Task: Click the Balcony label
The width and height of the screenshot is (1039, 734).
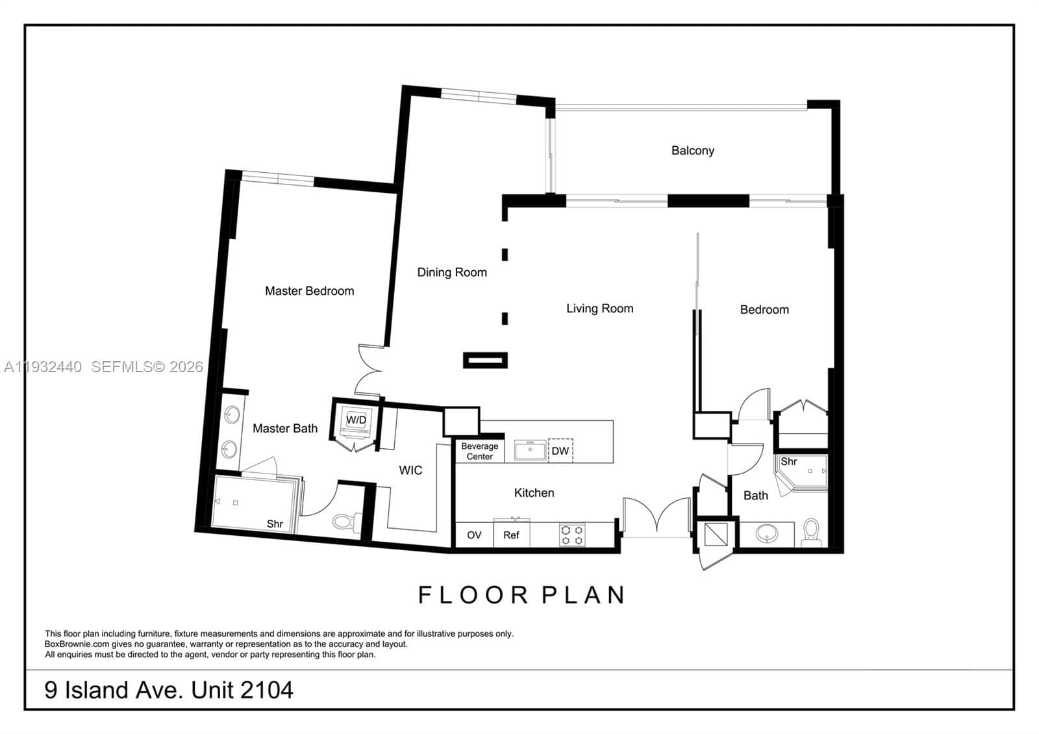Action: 692,151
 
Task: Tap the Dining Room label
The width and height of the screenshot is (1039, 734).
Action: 452,272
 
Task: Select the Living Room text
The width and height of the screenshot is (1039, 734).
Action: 600,309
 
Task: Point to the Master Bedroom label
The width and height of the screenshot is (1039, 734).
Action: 309,291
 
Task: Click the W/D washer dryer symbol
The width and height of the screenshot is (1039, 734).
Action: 356,422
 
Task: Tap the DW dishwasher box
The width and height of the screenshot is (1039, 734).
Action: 560,451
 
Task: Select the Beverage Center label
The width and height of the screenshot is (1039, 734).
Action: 480,451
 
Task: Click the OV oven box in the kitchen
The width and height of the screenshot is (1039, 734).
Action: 474,535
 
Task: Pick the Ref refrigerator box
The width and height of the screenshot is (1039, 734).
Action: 511,535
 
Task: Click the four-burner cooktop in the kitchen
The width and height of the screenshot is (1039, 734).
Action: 572,535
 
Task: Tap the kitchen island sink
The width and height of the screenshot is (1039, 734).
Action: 530,450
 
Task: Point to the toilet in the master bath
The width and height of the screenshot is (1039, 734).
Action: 347,522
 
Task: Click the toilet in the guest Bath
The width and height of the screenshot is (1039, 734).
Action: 811,532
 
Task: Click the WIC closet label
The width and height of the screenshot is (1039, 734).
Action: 410,470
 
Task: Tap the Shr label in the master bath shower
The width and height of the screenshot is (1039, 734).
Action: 275,524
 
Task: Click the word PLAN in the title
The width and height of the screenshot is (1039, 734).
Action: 584,595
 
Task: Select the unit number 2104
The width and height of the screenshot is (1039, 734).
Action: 267,690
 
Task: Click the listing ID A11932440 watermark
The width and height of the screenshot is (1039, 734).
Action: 43,367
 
